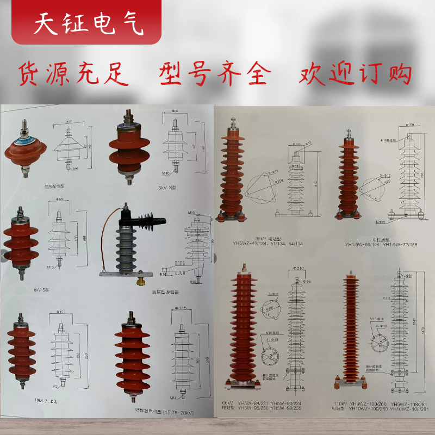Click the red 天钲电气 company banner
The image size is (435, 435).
(x=87, y=23)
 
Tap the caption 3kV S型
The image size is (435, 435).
(x=166, y=188)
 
